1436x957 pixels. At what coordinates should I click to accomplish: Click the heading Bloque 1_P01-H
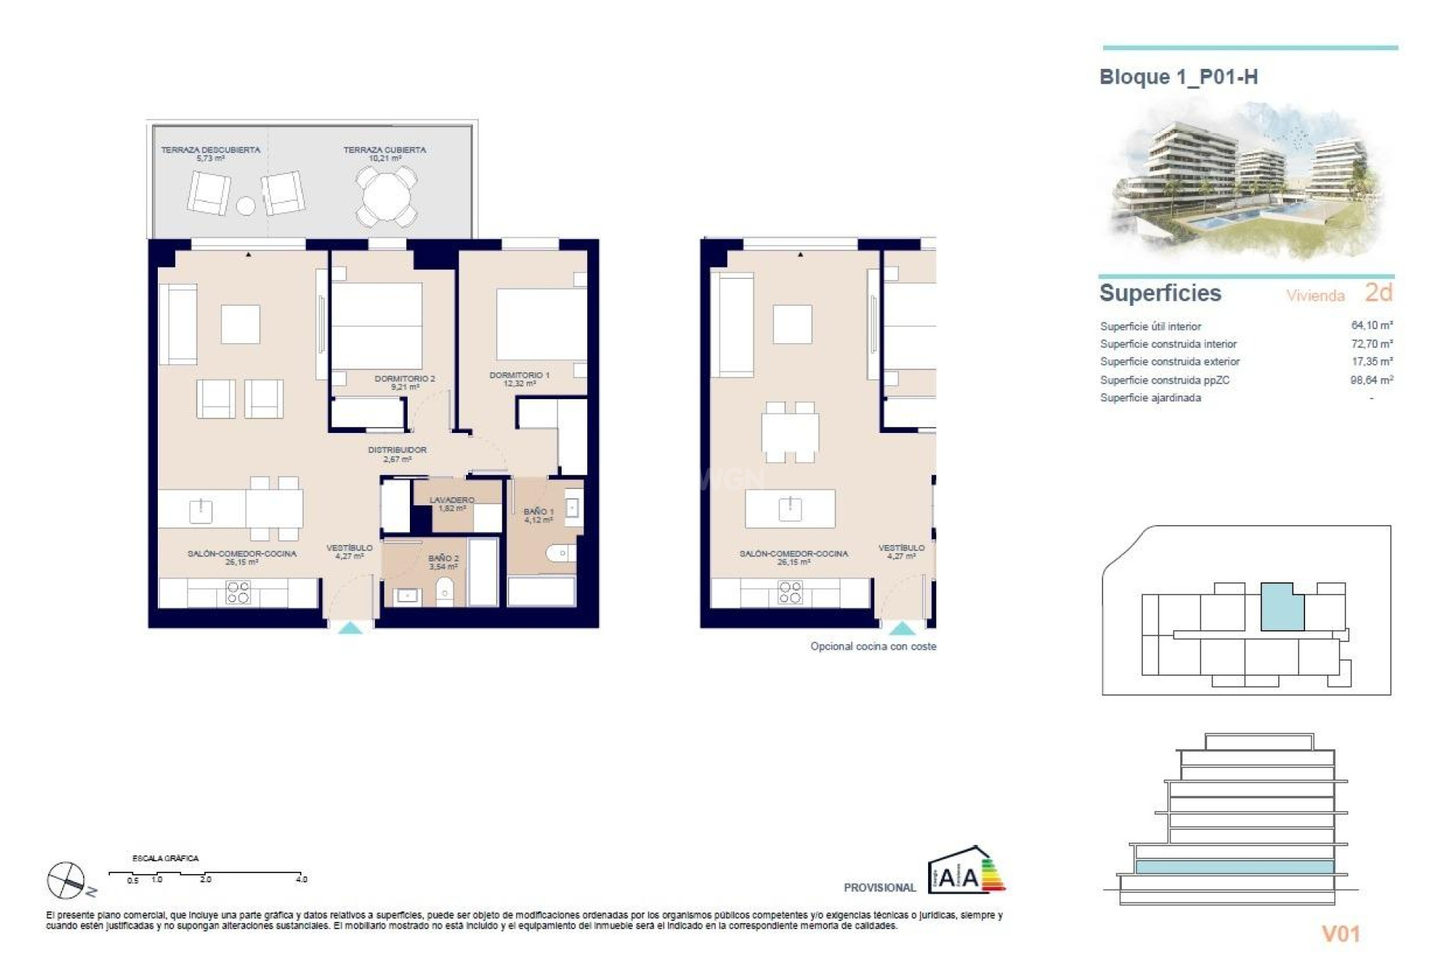click(x=1178, y=77)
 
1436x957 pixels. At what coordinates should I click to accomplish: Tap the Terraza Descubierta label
click(x=210, y=153)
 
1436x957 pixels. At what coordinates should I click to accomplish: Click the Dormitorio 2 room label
click(x=404, y=382)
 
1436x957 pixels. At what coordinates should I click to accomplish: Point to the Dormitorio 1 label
click(x=519, y=378)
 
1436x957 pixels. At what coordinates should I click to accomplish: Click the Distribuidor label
click(x=397, y=454)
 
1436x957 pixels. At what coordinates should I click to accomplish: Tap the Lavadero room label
click(x=452, y=503)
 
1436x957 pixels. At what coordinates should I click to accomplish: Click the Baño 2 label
click(x=444, y=561)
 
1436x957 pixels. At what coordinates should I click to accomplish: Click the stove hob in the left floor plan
click(x=238, y=592)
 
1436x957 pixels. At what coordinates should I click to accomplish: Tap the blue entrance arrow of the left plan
click(x=350, y=628)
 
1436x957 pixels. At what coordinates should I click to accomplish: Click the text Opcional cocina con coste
click(x=873, y=646)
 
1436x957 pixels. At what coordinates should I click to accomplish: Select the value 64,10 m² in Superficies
click(x=1371, y=325)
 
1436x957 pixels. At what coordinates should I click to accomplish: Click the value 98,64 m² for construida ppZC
click(x=1371, y=380)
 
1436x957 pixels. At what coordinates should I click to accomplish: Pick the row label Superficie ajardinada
click(x=1150, y=398)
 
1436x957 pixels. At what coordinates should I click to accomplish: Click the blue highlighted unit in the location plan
click(x=1281, y=607)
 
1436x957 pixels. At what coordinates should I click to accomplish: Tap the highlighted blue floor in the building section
click(x=1234, y=867)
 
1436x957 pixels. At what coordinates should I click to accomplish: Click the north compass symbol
click(x=67, y=879)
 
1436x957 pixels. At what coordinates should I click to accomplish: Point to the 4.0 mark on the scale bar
click(x=301, y=879)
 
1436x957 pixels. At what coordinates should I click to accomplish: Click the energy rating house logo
click(x=966, y=871)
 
